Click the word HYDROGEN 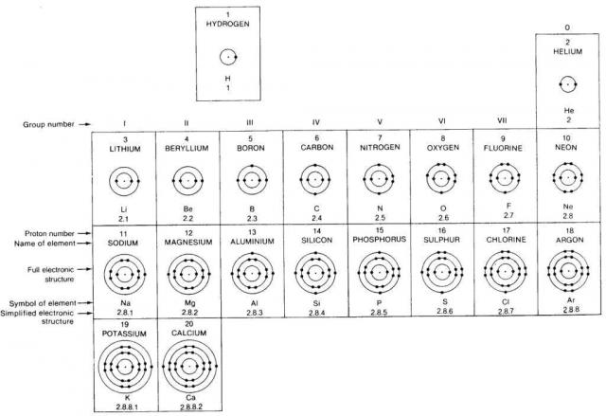coord(226,22)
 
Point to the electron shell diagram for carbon coord(315,179)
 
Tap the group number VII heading coord(502,120)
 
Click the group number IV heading coord(315,121)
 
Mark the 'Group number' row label coord(47,123)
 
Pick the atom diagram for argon coord(568,272)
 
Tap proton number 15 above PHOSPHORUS coord(379,230)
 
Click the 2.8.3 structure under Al coord(252,312)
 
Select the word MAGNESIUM coord(188,242)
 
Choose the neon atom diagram coord(568,178)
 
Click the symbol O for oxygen coord(441,206)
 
